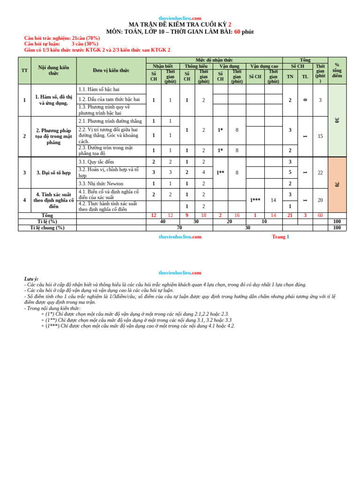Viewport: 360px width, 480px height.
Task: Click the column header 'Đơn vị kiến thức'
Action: (111, 70)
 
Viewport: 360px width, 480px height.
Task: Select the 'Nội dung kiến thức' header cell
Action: (53, 70)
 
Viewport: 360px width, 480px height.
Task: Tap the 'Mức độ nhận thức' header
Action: (214, 60)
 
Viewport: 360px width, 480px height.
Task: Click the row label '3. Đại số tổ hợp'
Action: (53, 172)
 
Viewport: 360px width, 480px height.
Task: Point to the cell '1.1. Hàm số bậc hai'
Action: (99, 89)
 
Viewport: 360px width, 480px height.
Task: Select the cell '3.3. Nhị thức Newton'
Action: (101, 184)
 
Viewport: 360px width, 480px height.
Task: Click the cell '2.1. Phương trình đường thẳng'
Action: (110, 121)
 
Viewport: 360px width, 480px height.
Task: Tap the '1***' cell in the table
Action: (255, 200)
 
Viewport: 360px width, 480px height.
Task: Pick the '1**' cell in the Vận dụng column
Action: (220, 172)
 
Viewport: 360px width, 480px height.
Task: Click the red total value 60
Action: (320, 215)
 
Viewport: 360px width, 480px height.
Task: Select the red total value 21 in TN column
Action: (290, 215)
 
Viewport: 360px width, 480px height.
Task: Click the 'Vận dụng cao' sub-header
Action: (264, 66)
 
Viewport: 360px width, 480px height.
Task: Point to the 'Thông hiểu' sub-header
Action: (196, 66)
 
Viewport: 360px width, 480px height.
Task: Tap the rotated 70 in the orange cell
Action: (337, 184)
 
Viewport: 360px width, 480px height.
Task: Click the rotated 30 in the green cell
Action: (337, 120)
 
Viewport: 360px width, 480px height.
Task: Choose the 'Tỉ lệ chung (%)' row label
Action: (47, 228)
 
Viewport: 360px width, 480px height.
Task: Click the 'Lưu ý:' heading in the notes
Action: (31, 278)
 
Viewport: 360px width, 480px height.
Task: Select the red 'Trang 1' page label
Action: (280, 237)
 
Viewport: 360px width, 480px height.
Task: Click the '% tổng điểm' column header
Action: (337, 70)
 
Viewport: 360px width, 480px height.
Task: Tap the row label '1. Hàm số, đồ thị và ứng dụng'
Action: (53, 100)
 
